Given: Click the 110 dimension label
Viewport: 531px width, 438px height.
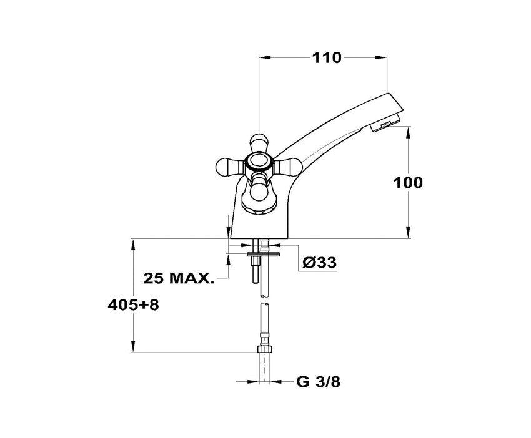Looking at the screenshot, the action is [x=327, y=58].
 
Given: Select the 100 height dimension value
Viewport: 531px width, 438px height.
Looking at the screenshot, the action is [x=408, y=183].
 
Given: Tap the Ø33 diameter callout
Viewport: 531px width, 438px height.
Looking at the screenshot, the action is [x=320, y=262].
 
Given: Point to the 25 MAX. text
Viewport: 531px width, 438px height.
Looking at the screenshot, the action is [x=179, y=278].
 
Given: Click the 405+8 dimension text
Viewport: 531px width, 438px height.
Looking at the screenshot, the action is [x=133, y=306].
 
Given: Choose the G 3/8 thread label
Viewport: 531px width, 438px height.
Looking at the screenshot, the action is [x=319, y=382].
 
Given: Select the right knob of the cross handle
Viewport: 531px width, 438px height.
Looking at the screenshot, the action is [x=288, y=166].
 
